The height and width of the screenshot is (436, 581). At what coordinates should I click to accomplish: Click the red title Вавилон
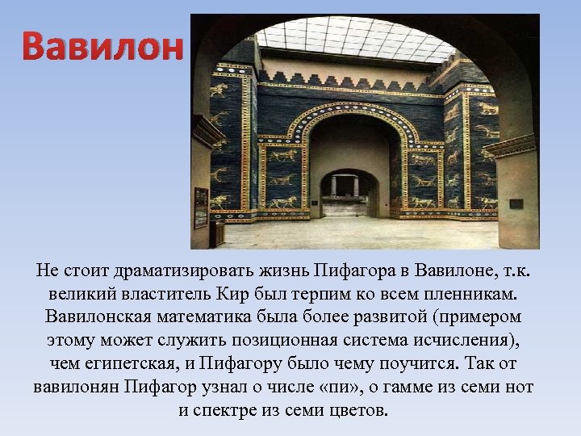[102, 48]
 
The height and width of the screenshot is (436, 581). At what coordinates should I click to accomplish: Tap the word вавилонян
[76, 386]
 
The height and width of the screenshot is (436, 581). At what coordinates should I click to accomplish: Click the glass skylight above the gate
[355, 39]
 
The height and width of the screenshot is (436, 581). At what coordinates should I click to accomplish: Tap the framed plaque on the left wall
[200, 208]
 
